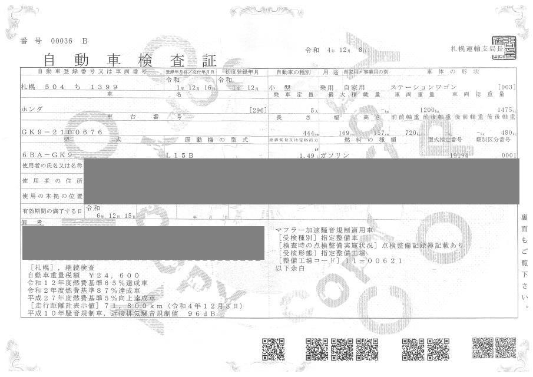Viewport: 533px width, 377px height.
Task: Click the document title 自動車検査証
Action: pyautogui.click(x=130, y=60)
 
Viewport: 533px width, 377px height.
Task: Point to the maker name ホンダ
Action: pyautogui.click(x=31, y=110)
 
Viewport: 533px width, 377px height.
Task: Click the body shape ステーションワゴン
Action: pyautogui.click(x=423, y=87)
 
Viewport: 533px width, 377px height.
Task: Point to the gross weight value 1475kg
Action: pyautogui.click(x=506, y=110)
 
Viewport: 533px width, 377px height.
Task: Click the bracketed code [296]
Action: pyautogui.click(x=258, y=110)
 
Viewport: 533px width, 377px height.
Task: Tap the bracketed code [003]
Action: pyautogui.click(x=506, y=87)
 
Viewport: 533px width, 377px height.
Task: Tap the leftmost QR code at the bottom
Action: pyautogui.click(x=273, y=349)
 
